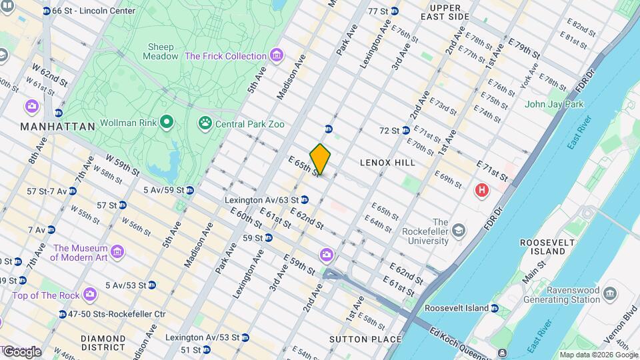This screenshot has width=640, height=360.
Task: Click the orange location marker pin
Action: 320,159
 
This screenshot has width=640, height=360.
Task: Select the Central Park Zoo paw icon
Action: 205,123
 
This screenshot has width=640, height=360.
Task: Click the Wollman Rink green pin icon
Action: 167,123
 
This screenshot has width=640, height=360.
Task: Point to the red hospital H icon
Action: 481,191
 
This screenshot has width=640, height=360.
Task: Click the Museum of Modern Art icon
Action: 117,252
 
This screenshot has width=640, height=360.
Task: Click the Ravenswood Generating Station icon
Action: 609,294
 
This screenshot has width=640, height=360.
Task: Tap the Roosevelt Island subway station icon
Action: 494,308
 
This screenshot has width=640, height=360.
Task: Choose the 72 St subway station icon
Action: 404,130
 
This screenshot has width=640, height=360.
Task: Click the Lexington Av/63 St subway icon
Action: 305,199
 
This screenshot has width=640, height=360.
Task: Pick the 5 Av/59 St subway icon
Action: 190,190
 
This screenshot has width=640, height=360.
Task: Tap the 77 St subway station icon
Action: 394,11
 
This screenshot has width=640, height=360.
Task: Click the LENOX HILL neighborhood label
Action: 387,162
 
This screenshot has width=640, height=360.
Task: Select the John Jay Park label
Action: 554,104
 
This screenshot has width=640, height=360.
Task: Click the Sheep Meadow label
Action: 160,51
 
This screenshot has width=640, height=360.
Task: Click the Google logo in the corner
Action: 21,351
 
